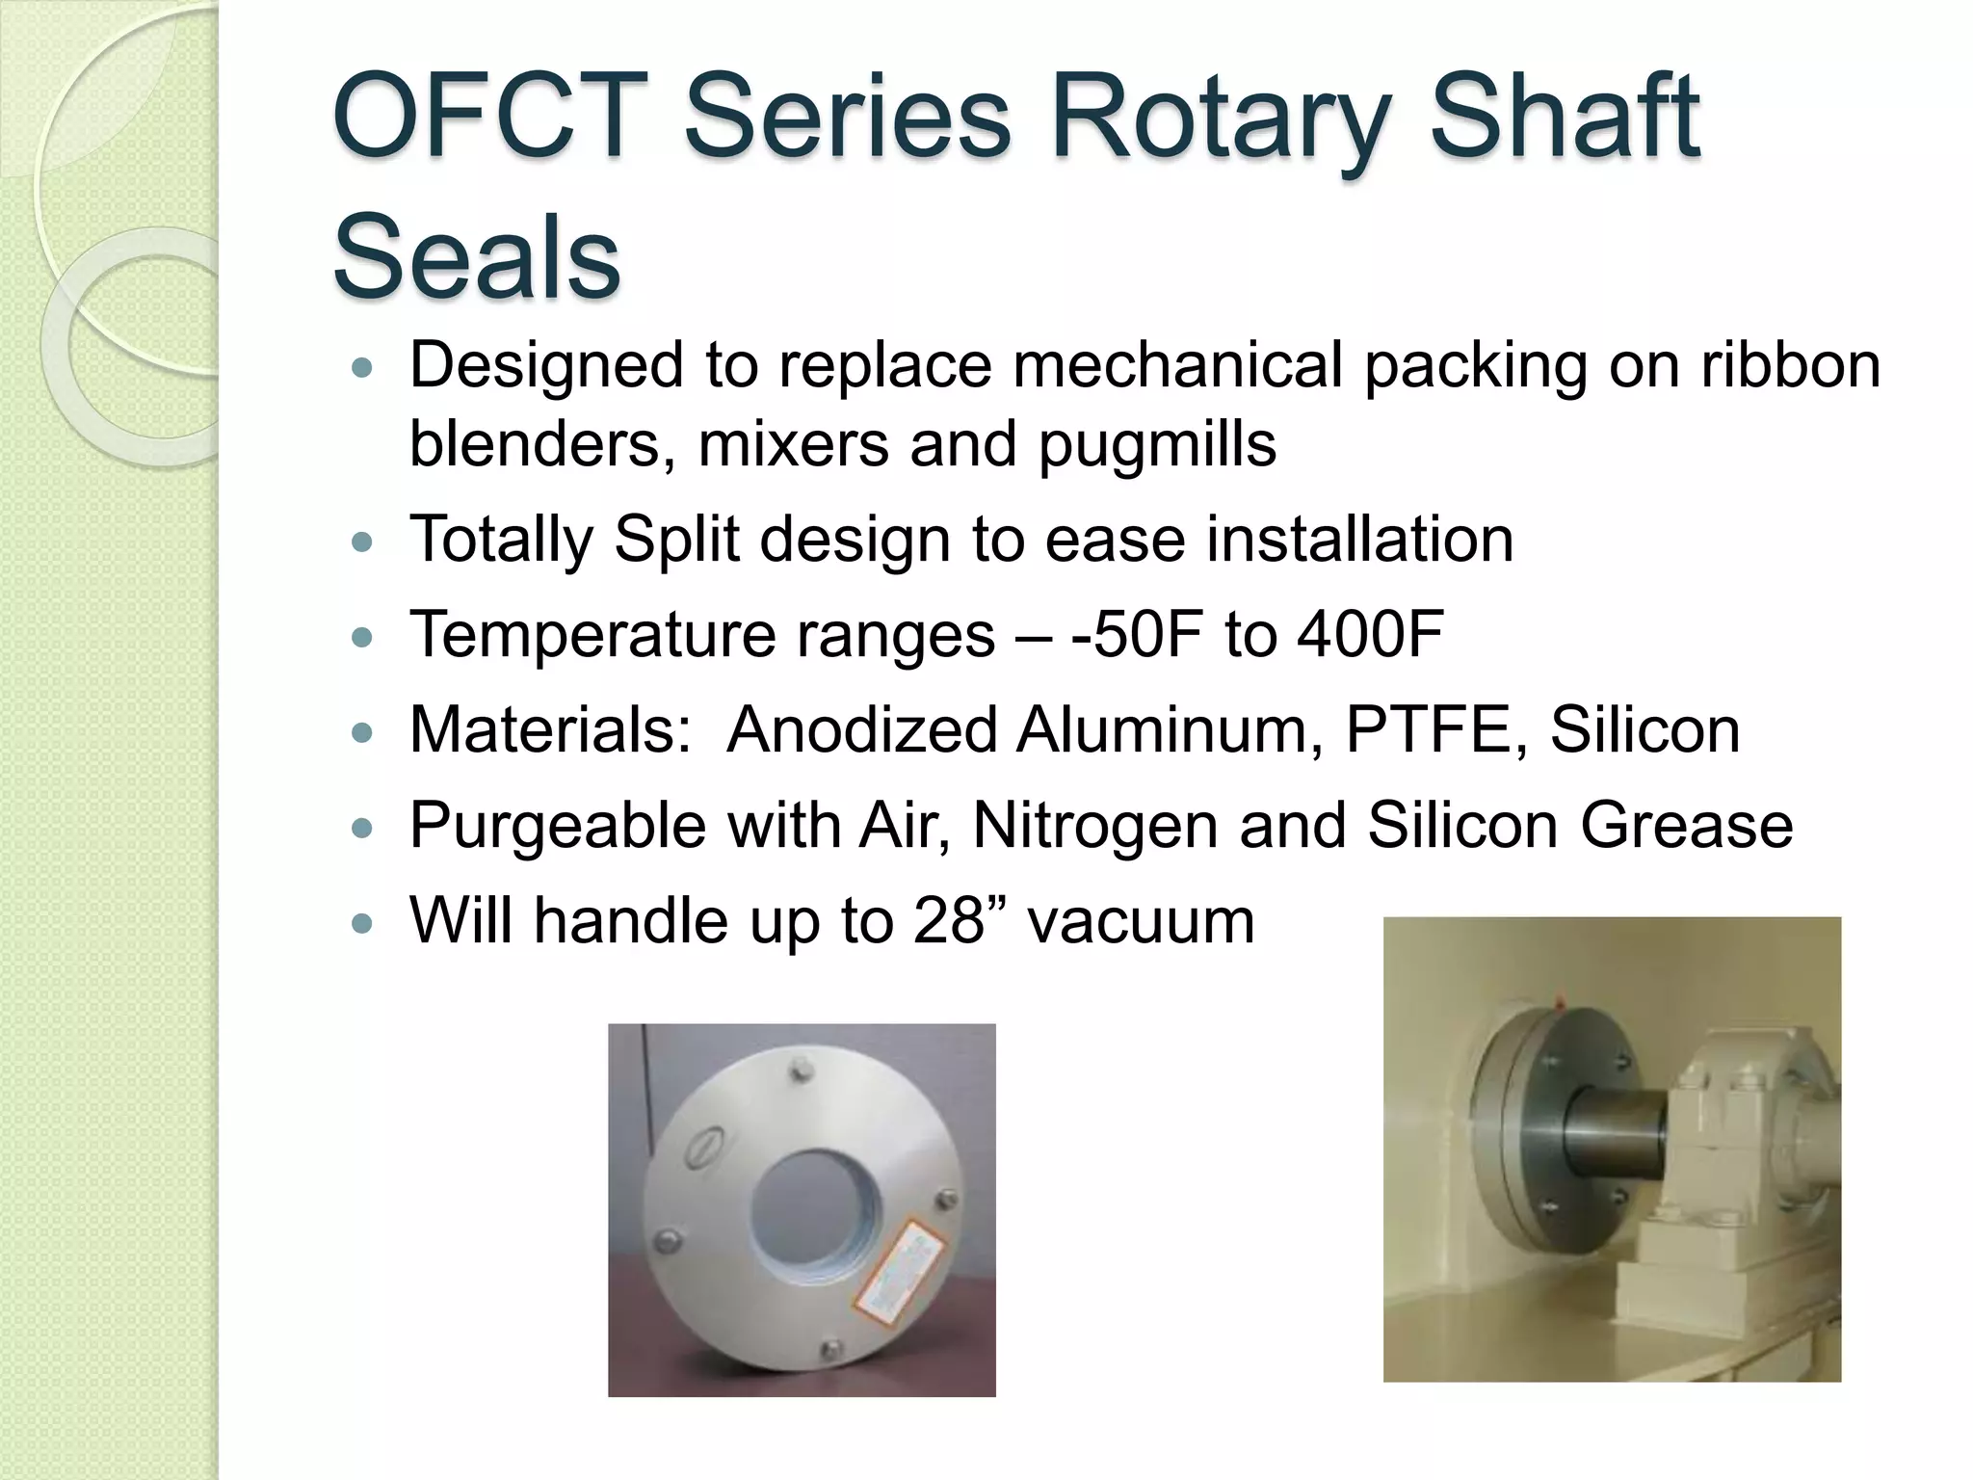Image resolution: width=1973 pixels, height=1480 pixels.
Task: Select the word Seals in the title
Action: (476, 257)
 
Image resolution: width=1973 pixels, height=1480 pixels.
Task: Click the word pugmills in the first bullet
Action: (1157, 444)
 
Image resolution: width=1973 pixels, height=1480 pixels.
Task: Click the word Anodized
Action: (861, 729)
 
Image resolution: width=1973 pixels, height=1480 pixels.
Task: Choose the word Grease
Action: (1686, 825)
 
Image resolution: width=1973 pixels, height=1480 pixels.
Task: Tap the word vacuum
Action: (1141, 922)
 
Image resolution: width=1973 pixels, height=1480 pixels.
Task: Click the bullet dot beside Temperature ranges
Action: (361, 637)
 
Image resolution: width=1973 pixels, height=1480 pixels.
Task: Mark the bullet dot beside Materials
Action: (361, 732)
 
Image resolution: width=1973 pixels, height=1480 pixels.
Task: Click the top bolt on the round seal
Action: (799, 1070)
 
